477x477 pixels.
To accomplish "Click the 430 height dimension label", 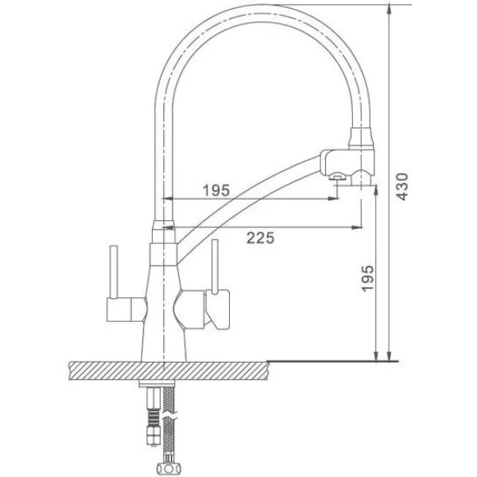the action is [402, 187].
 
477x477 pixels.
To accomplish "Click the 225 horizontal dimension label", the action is [261, 238].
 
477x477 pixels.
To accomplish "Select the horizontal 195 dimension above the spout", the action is [216, 191].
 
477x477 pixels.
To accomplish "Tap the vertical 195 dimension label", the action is [367, 278].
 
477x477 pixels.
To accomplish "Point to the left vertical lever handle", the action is [114, 272].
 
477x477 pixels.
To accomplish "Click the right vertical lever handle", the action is [215, 267].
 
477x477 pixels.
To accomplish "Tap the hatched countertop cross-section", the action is [169, 370].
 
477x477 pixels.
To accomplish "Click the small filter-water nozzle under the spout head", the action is [337, 176].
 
